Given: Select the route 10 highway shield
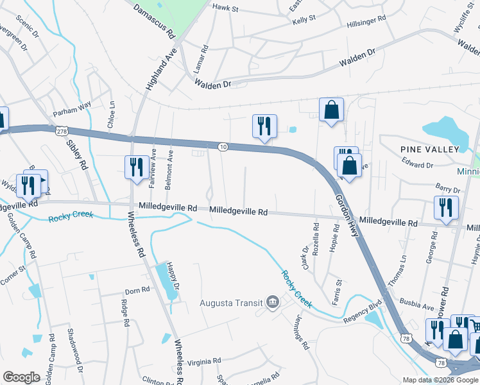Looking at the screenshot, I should (x=221, y=147).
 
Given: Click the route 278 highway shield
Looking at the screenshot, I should (x=62, y=131).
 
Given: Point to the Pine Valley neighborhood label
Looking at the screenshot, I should (x=429, y=150).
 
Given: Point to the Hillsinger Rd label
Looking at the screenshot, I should (x=366, y=21).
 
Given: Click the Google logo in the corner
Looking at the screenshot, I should (x=21, y=377).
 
